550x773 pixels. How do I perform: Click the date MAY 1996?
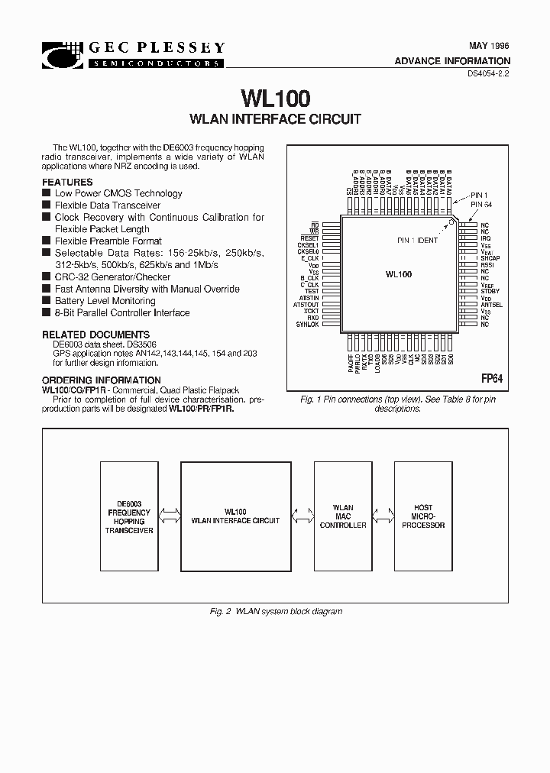(489, 46)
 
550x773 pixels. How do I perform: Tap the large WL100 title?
(275, 99)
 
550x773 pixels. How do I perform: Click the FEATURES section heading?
(68, 183)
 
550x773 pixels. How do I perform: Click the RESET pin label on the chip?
(310, 238)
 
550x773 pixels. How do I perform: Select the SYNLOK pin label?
(308, 325)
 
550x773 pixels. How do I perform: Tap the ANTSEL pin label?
(491, 305)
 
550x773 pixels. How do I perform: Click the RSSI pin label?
(487, 265)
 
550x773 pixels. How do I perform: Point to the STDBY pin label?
(490, 291)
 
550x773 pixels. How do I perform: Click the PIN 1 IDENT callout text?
(418, 241)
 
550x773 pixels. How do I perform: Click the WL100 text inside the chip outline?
(399, 274)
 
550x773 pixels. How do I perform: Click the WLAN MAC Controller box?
(343, 516)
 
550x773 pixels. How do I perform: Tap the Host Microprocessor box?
(422, 516)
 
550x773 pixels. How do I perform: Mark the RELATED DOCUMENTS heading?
(95, 335)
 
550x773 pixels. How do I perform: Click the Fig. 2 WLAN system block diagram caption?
(276, 611)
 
